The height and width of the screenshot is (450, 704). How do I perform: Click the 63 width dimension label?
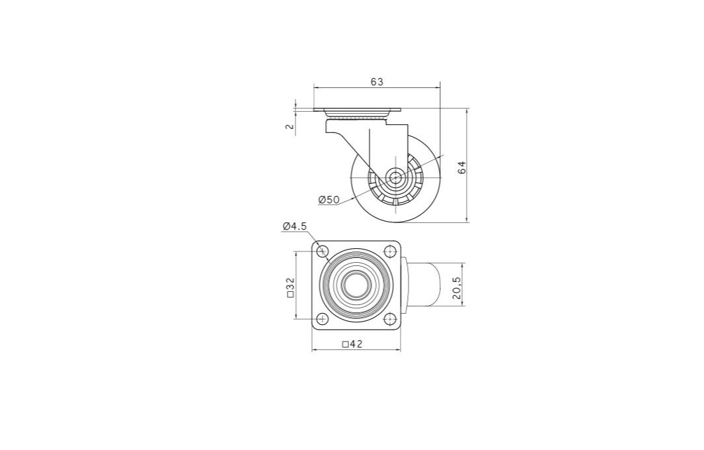377,82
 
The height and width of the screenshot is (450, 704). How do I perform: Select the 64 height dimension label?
462,167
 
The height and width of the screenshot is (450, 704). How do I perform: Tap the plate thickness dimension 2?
290,126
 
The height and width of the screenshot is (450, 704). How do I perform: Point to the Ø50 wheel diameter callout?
329,200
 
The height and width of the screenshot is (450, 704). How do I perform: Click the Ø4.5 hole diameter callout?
295,226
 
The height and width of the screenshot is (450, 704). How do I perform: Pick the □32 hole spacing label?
290,287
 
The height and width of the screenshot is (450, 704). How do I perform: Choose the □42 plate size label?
352,344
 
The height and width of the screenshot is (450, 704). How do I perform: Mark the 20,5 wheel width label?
457,288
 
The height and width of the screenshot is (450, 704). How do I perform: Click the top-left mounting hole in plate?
323,251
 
